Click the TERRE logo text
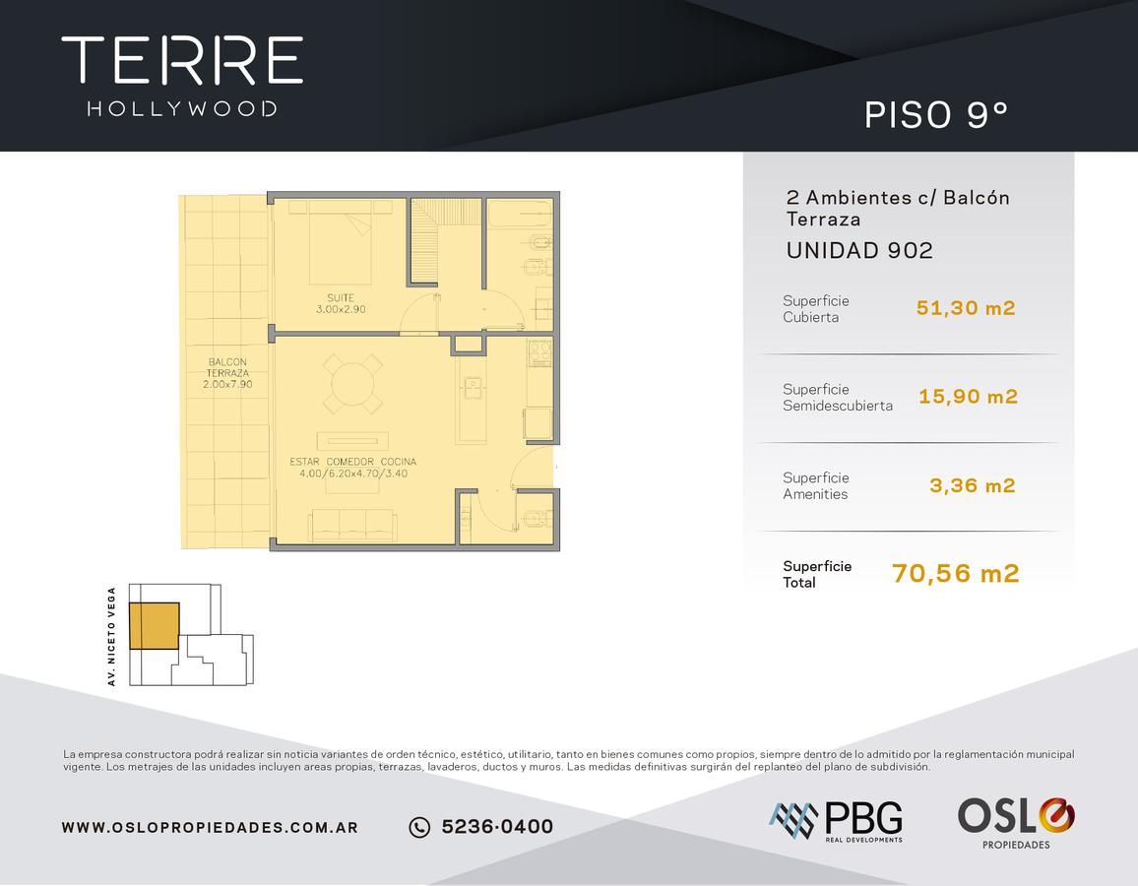point(182,60)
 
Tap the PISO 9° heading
point(936,114)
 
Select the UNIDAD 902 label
point(859,250)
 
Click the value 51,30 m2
point(966,308)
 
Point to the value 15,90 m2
point(968,396)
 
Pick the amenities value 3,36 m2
point(973,485)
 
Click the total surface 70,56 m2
point(956,573)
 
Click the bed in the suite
point(342,242)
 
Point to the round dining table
point(352,384)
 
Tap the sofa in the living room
point(352,526)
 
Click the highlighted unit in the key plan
point(154,625)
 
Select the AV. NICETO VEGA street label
point(111,636)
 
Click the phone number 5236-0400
point(497,827)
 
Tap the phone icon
point(419,827)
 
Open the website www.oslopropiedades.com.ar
point(210,827)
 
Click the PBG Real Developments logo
point(836,821)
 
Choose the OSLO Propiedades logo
point(1016,823)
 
